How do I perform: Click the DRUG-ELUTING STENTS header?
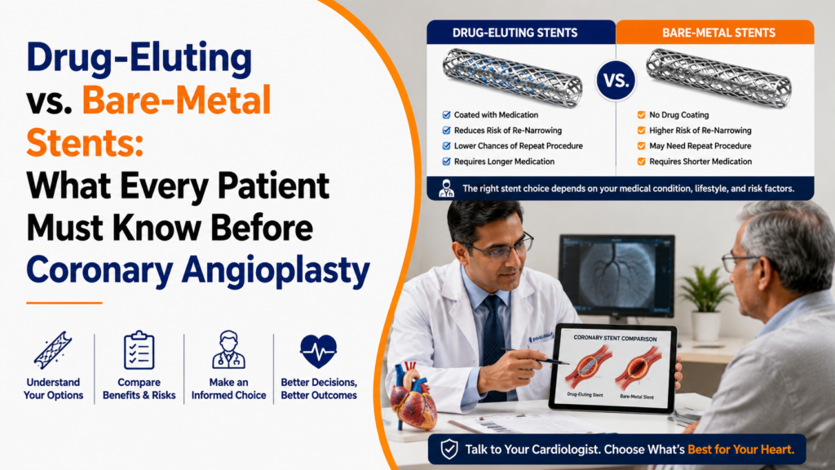tap(515, 33)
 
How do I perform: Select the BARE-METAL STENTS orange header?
tap(718, 33)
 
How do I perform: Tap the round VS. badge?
tap(616, 81)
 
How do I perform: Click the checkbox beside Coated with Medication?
tap(446, 114)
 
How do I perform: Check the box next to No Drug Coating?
tap(641, 114)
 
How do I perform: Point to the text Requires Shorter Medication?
tap(700, 162)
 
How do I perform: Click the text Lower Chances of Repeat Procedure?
tap(518, 146)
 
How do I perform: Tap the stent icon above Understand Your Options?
tap(53, 350)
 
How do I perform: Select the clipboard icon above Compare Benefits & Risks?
tap(139, 350)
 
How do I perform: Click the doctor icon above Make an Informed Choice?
tap(228, 349)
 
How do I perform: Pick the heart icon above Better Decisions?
tap(319, 351)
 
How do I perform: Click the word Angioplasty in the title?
tap(276, 271)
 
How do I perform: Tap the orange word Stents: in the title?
tap(85, 143)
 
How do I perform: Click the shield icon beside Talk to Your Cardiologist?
tap(449, 450)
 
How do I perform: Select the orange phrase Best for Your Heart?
tap(740, 450)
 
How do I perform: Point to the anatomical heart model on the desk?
tap(413, 397)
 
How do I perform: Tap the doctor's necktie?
tap(493, 346)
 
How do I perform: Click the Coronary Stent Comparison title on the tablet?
tap(615, 339)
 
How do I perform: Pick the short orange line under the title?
tap(64, 303)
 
